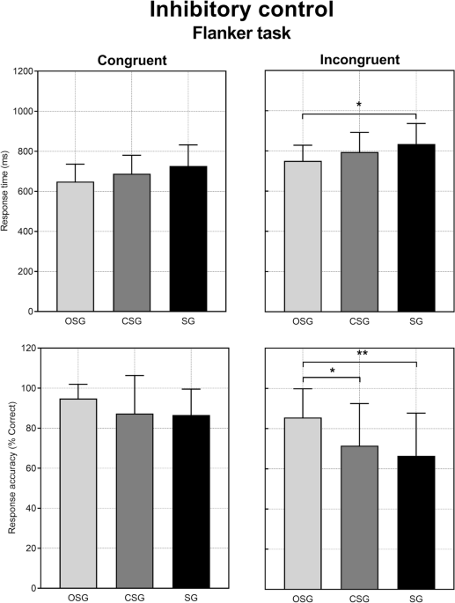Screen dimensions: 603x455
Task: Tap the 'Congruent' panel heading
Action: pyautogui.click(x=133, y=60)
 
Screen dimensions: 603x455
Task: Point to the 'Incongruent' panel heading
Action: pyautogui.click(x=359, y=60)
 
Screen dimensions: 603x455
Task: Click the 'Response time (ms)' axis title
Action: pyautogui.click(x=8, y=191)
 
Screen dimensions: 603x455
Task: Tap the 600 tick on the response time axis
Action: pyautogui.click(x=27, y=191)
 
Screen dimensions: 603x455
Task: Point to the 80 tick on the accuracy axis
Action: pyautogui.click(x=30, y=428)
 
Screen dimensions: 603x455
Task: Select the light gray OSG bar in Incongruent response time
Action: pyautogui.click(x=302, y=236)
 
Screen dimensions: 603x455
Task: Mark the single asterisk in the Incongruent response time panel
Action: pyautogui.click(x=359, y=105)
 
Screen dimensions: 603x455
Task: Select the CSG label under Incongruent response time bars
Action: pyautogui.click(x=359, y=321)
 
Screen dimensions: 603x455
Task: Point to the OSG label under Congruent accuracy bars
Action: pyautogui.click(x=76, y=598)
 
